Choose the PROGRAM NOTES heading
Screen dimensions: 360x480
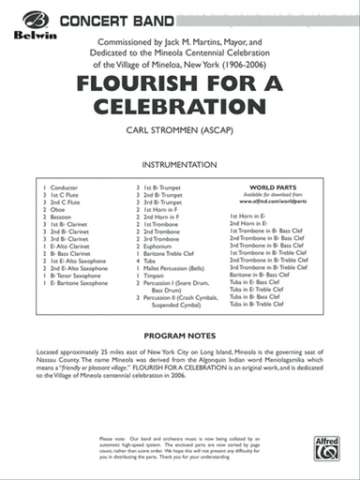pyautogui.click(x=179, y=335)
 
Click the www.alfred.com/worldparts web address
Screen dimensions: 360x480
pyautogui.click(x=273, y=202)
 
